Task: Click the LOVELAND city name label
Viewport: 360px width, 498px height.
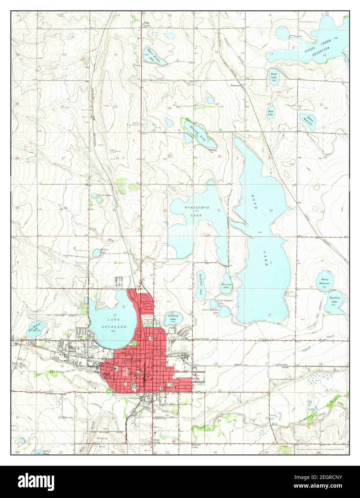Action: pos(132,360)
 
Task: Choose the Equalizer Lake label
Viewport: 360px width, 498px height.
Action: pos(335,300)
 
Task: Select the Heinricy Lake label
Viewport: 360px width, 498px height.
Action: pos(226,286)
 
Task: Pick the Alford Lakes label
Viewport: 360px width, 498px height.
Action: pos(104,195)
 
